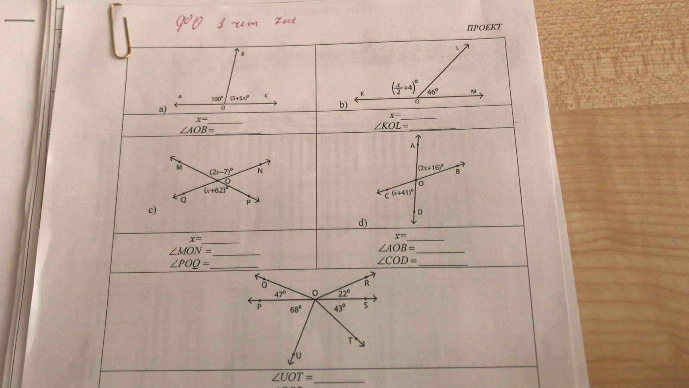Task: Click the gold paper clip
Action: (120, 31)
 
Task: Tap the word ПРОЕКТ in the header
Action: (484, 27)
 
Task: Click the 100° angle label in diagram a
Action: (217, 99)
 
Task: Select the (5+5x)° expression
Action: (240, 98)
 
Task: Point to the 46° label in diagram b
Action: (432, 92)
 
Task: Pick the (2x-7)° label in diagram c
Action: (221, 171)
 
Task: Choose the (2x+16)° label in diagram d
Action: (431, 168)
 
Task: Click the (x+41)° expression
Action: (403, 192)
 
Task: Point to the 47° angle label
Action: (280, 295)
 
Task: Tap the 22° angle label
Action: (344, 294)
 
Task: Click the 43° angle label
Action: (340, 308)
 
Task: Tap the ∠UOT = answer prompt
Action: (292, 377)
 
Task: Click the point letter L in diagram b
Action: (458, 49)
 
